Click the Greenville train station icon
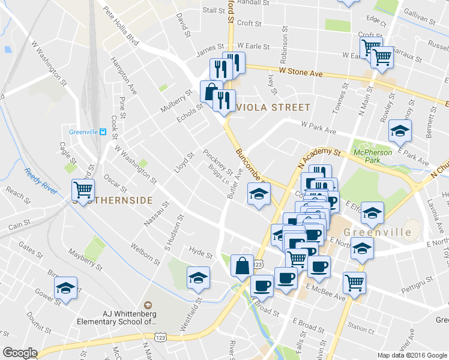(103, 132)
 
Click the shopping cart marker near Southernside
(83, 190)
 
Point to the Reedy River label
(40, 180)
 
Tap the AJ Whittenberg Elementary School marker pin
(148, 306)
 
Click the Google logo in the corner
(20, 353)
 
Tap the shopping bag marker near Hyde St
(241, 265)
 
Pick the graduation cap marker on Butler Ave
(259, 194)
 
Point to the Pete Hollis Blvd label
(121, 26)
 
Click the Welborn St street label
(146, 253)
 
